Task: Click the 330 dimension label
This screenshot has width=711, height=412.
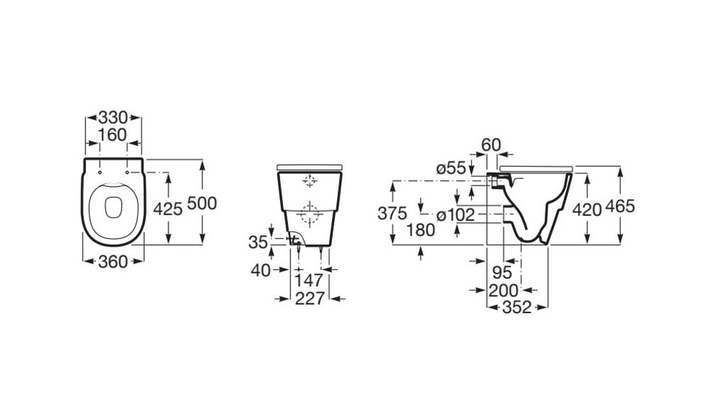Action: point(113,118)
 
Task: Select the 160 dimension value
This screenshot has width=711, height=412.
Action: point(113,135)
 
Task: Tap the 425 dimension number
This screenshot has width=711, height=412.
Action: point(168,209)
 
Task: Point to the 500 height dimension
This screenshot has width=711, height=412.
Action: point(202,203)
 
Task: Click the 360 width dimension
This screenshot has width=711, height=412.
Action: point(113,261)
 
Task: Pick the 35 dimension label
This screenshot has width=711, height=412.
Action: point(258,242)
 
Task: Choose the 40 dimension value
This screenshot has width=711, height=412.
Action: point(261,271)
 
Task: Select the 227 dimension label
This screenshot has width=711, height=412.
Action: point(310,298)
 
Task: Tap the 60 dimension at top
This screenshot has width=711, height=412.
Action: point(491,145)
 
